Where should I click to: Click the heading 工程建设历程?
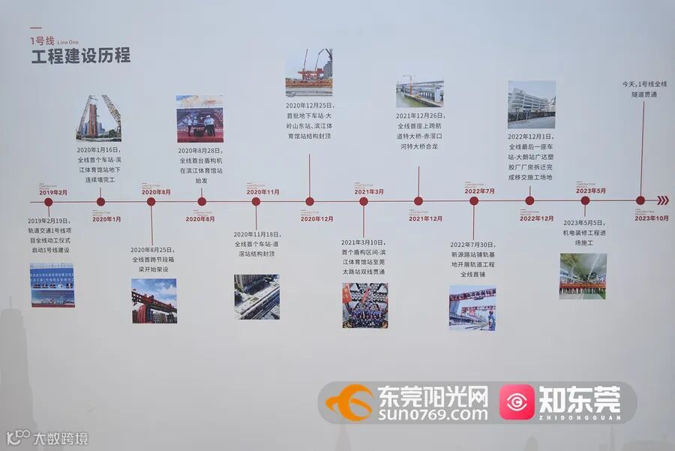coord(80,56)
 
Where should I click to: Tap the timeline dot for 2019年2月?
coord(49,202)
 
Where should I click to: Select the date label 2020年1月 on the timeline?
coord(106,218)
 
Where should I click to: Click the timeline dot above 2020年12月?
coord(310,201)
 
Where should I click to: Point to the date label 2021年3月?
coord(369,192)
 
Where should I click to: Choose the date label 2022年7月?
coord(479,191)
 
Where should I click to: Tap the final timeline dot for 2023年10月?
coord(640,200)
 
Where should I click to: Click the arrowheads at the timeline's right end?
coord(662,200)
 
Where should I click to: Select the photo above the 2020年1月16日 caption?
coord(98,118)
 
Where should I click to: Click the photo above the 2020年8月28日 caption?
coord(199,119)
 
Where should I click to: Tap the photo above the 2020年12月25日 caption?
coord(308,72)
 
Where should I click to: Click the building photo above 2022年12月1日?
coord(531,104)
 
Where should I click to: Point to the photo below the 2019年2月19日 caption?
coord(52,284)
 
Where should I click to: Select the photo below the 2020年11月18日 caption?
coord(256,296)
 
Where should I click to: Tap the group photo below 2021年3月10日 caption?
coord(364,305)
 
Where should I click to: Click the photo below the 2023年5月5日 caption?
coord(583,275)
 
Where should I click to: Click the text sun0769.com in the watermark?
coord(433,412)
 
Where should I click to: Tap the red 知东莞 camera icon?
coord(517,402)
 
